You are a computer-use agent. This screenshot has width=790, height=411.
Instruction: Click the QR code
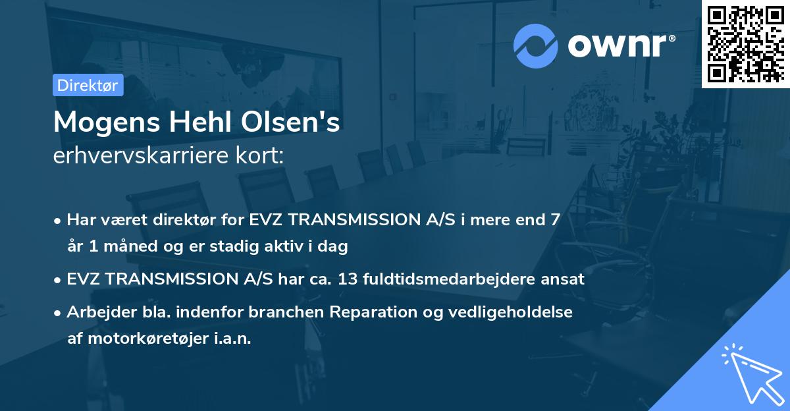pyautogui.click(x=745, y=44)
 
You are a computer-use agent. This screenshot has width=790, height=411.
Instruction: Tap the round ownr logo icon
pyautogui.click(x=535, y=46)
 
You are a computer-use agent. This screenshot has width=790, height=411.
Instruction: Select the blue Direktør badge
pyautogui.click(x=88, y=85)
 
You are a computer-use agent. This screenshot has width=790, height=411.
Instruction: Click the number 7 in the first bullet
pyautogui.click(x=556, y=220)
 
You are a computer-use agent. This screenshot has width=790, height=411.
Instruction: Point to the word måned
pyautogui.click(x=127, y=247)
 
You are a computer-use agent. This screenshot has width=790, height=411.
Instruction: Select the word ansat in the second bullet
pyautogui.click(x=563, y=279)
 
